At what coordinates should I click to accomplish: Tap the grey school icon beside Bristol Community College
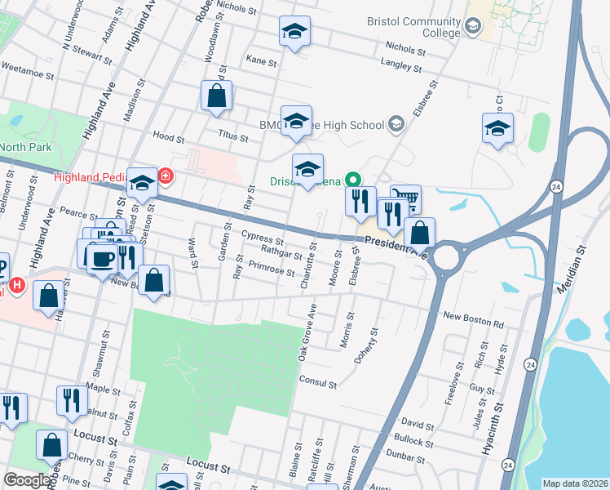472,28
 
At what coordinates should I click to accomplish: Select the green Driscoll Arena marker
353,179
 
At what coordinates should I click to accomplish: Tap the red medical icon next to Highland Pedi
166,176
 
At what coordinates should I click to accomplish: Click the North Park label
24,147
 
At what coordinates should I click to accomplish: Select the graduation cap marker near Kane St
294,32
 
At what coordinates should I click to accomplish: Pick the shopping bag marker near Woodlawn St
217,96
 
